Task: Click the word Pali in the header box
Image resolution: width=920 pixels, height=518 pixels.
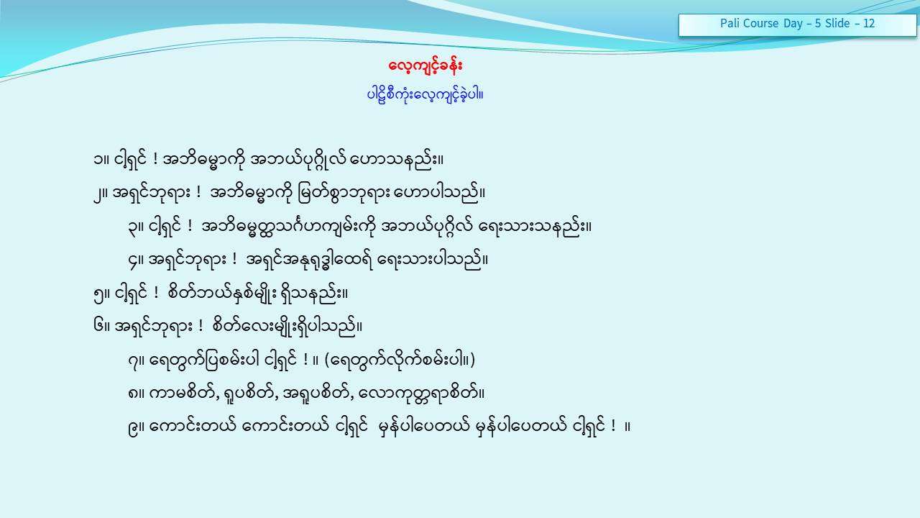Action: pos(729,23)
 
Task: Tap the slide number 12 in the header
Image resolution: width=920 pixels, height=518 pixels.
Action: pos(869,23)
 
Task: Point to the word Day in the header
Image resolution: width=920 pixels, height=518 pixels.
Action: pos(793,24)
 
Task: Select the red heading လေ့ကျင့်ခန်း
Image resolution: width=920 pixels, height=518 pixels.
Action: pos(425,65)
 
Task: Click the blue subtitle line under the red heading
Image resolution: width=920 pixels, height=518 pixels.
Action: pos(425,95)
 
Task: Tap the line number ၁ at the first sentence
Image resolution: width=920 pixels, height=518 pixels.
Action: pos(98,160)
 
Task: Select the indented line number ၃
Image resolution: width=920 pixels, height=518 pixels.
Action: pos(132,227)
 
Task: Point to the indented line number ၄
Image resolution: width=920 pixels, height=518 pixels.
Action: pos(133,260)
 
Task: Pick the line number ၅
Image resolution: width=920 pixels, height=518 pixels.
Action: pos(98,294)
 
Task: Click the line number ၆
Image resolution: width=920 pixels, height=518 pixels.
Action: pos(98,327)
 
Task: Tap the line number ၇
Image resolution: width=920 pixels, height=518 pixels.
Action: pos(132,361)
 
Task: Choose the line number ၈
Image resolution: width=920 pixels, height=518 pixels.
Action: pos(132,394)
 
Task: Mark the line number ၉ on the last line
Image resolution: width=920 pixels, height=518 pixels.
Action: pos(133,427)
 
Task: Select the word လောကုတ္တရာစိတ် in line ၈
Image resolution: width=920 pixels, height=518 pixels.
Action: pos(418,394)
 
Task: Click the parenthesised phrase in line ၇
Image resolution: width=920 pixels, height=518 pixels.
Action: pos(400,360)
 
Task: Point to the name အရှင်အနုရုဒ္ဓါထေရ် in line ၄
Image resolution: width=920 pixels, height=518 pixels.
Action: pos(309,260)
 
